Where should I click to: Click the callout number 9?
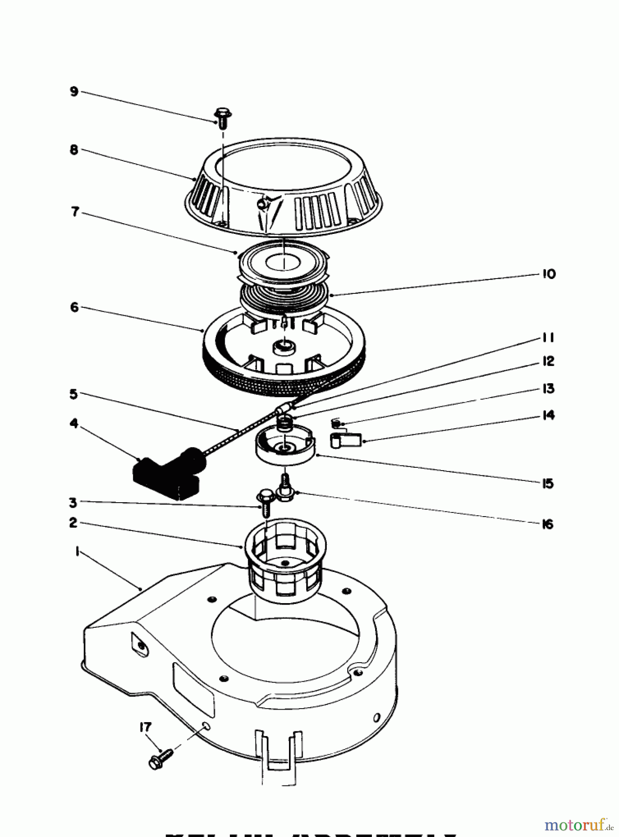pos(74,91)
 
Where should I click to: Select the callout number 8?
pos(74,150)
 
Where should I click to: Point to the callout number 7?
pos(75,212)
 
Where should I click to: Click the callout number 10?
pos(549,274)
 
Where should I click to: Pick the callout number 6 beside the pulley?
pos(74,307)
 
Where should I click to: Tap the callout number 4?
pos(74,424)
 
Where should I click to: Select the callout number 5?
pos(74,394)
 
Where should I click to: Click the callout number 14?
pos(549,415)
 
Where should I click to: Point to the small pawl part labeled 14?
pos(346,439)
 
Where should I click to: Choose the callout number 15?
pos(548,484)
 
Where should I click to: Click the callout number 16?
pos(548,524)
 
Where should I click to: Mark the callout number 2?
pos(73,523)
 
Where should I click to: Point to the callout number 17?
pos(145,726)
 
